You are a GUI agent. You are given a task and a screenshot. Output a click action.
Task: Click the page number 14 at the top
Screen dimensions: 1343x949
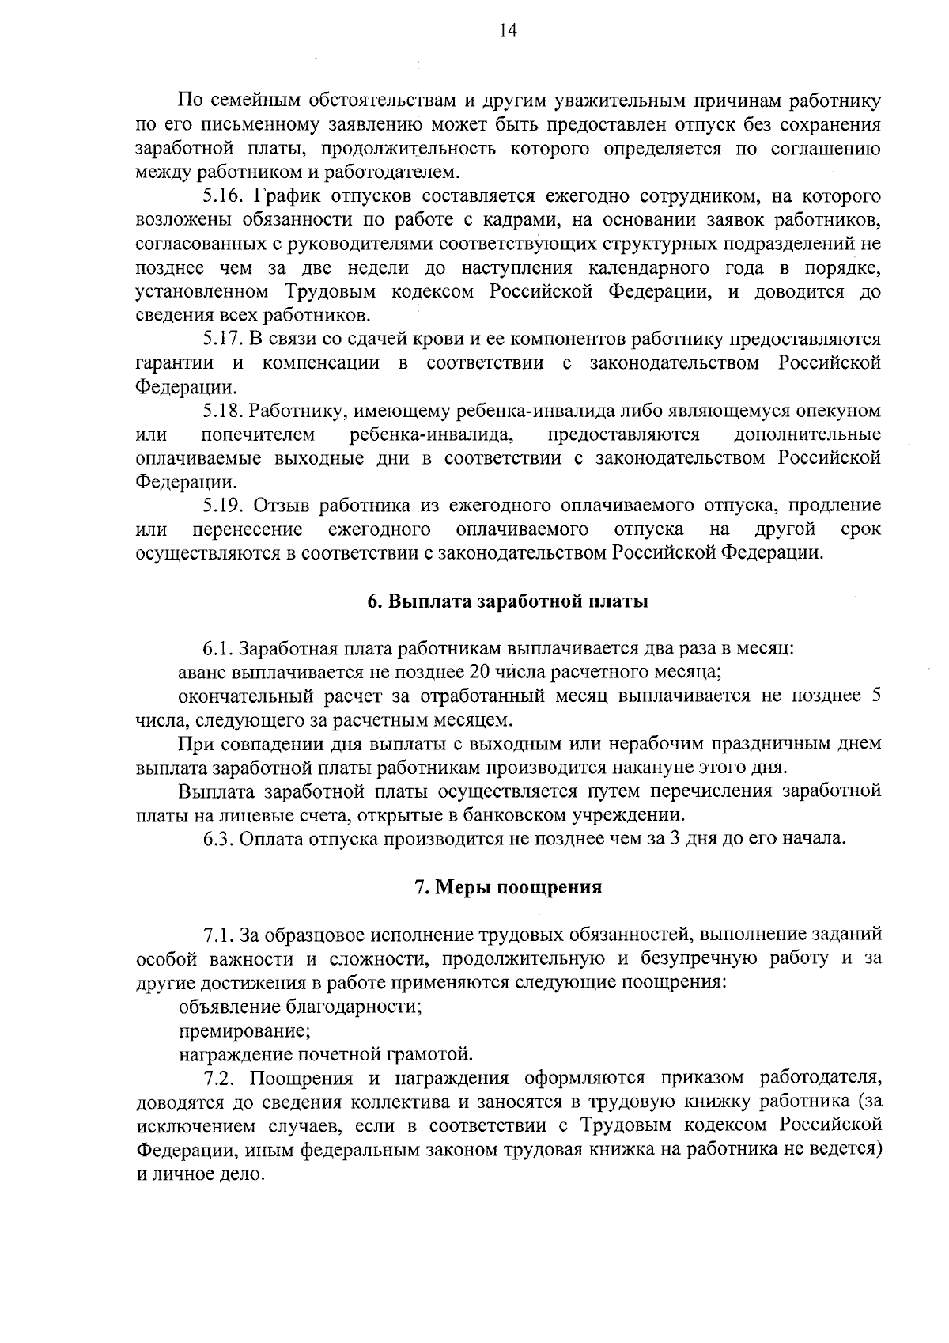pyautogui.click(x=508, y=31)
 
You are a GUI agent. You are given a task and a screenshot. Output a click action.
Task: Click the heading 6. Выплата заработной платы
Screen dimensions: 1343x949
pyautogui.click(x=508, y=601)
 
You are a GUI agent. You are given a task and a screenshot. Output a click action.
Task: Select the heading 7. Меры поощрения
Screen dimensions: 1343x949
pyautogui.click(x=509, y=887)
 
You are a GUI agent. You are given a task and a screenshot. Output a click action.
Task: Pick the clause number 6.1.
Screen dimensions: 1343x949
pyautogui.click(x=217, y=649)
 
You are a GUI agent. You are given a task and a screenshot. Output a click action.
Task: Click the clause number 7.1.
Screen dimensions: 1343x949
pyautogui.click(x=217, y=935)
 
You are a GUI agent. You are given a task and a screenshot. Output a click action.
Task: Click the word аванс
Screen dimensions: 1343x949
pyautogui.click(x=202, y=673)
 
